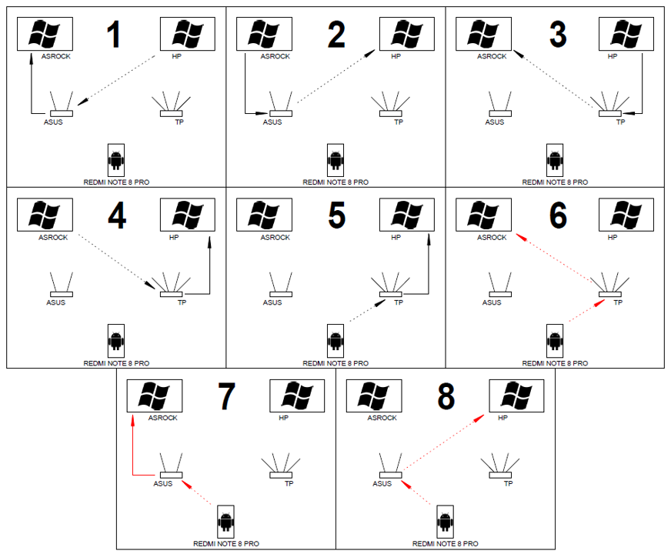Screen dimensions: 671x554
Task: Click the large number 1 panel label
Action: point(113,34)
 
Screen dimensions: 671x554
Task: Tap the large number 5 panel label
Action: point(337,215)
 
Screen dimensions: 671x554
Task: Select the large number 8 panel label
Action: point(446,396)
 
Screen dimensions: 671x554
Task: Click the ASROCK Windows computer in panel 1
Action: point(45,34)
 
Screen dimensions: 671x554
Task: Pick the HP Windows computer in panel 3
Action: point(626,34)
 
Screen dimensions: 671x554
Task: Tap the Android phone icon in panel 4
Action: point(116,341)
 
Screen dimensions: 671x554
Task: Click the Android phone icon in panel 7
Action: point(225,522)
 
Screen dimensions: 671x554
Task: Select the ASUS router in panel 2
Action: point(281,104)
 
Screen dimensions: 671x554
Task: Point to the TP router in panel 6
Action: point(609,285)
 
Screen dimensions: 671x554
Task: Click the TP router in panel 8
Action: point(500,466)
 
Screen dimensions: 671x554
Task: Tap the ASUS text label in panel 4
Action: point(55,302)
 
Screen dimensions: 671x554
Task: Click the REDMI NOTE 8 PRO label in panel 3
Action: point(555,182)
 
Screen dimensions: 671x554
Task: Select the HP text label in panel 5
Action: point(396,238)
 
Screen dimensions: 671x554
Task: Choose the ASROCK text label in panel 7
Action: point(162,418)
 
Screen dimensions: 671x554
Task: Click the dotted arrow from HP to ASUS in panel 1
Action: point(117,80)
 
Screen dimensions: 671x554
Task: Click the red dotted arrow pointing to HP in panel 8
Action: point(444,442)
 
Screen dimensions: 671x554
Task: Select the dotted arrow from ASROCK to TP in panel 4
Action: point(116,262)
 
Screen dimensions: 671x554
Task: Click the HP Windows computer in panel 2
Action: point(407,34)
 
